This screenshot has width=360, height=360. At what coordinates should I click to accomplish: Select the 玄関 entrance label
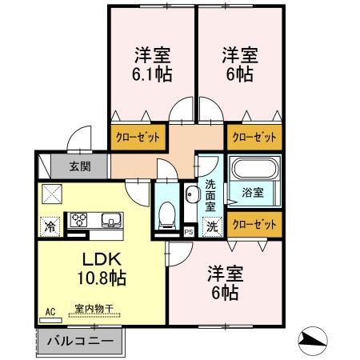(79, 167)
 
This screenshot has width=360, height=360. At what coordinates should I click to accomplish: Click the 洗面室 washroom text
(210, 194)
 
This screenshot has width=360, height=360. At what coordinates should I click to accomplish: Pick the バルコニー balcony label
(78, 341)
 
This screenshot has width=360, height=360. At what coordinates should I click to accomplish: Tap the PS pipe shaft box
(189, 232)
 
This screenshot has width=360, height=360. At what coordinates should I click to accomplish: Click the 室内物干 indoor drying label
(93, 307)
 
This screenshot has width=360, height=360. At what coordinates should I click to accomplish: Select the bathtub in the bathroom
(254, 170)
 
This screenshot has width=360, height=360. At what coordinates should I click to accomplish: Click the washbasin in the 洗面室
(192, 196)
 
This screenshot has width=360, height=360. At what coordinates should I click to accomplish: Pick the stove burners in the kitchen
(81, 218)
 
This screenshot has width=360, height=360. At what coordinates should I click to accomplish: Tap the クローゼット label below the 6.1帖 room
(140, 136)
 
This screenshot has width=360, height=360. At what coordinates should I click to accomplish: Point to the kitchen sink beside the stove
(109, 220)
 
